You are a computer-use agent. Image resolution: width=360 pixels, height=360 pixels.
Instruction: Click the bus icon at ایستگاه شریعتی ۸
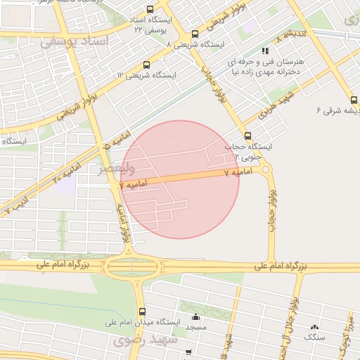[195, 34]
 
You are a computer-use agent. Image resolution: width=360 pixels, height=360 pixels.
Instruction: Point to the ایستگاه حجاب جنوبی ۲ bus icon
[247, 136]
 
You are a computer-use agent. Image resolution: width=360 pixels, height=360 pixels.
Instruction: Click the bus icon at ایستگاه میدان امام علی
[143, 311]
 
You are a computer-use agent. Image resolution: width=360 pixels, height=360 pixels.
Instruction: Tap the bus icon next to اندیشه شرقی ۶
[354, 99]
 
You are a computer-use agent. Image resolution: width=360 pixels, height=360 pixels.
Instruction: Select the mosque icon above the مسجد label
[195, 316]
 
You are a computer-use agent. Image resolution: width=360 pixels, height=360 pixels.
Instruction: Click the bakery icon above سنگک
[314, 327]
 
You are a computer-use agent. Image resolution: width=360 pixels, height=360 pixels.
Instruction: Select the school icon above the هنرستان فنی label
[265, 51]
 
